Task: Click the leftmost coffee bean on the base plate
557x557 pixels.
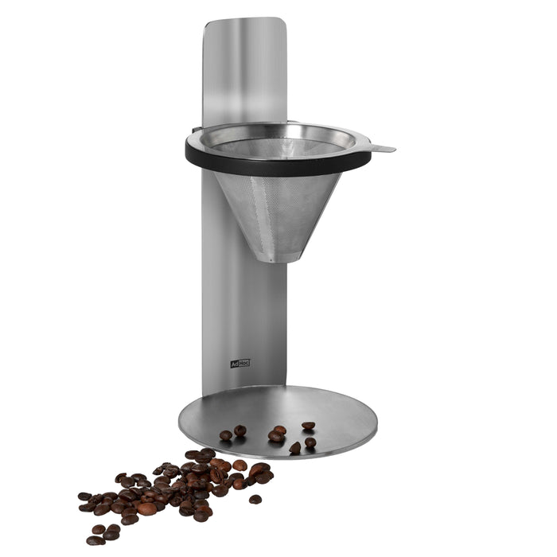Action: pyautogui.click(x=226, y=435)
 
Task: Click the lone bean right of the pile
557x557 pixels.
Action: pyautogui.click(x=255, y=499)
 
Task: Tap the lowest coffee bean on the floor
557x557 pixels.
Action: pyautogui.click(x=95, y=540)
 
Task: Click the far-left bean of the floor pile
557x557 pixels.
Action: pyautogui.click(x=83, y=497)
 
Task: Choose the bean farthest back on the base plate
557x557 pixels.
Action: pyautogui.click(x=308, y=426)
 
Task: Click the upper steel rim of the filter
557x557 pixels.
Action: pyautogui.click(x=278, y=126)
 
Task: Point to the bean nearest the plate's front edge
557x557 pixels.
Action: pyautogui.click(x=295, y=449)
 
